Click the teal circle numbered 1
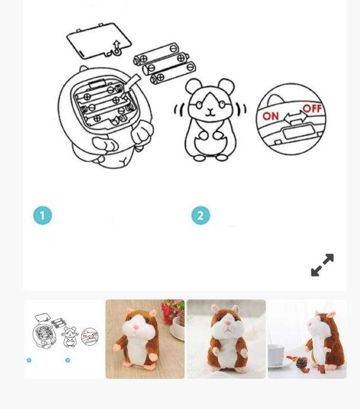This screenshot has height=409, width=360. pyautogui.click(x=43, y=215)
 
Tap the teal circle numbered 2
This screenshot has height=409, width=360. pyautogui.click(x=201, y=215)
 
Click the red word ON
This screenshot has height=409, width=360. pyautogui.click(x=271, y=116)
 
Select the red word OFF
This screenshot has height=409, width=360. pyautogui.click(x=312, y=108)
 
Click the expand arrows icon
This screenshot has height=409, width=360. pyautogui.click(x=322, y=265)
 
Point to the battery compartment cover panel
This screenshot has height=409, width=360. pyautogui.click(x=99, y=41)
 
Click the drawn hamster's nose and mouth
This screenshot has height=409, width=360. pyautogui.click(x=210, y=112)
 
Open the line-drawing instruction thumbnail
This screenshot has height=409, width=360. pyautogui.click(x=64, y=339)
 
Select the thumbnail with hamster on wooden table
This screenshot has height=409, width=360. pyautogui.click(x=145, y=339)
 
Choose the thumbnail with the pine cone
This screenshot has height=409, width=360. pyautogui.click(x=307, y=339)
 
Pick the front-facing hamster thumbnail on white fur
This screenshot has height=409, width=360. pyautogui.click(x=226, y=339)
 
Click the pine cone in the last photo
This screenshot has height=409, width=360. pyautogui.click(x=301, y=363)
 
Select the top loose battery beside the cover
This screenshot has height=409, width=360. pyautogui.click(x=156, y=55)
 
